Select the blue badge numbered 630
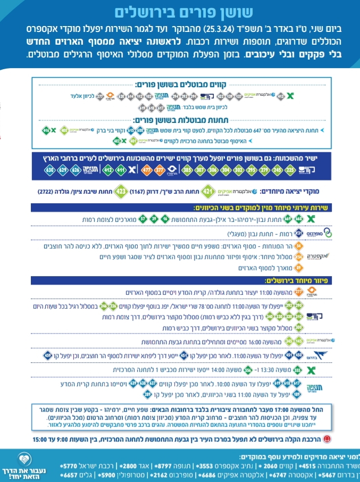pos(50,171)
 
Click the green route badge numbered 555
pos(297,369)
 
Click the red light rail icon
pos(328,439)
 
